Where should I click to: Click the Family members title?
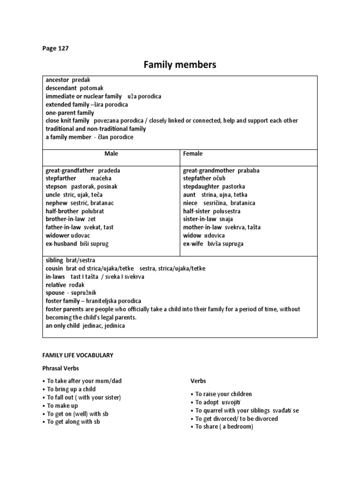click(180, 65)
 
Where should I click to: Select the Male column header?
click(111, 153)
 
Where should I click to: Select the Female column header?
click(193, 153)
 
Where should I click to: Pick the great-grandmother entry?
click(209, 171)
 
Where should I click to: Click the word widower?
click(57, 235)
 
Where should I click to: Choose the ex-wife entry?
click(194, 244)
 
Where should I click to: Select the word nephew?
click(56, 203)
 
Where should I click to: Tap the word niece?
click(190, 203)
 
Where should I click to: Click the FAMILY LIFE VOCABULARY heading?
click(79, 355)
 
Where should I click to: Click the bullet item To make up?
click(62, 405)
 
